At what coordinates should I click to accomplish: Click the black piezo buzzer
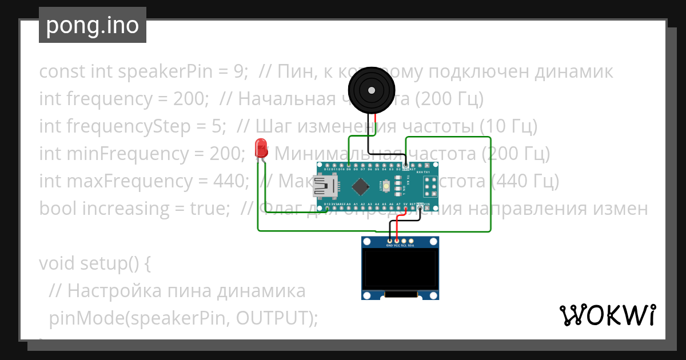point(372,90)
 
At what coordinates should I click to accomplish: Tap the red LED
point(261,147)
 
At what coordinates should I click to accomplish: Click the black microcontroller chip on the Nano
point(361,186)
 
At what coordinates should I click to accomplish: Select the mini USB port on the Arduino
point(325,186)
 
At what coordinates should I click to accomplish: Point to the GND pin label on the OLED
point(390,246)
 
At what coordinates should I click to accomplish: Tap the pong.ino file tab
point(93,25)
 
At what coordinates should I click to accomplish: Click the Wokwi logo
point(607,315)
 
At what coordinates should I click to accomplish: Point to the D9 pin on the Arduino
point(348,166)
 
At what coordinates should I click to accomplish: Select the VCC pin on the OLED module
point(397,242)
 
